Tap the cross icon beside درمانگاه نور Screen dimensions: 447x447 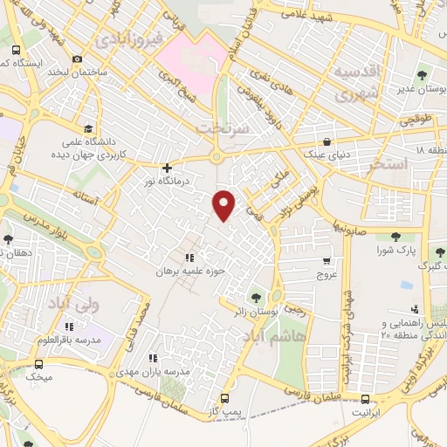166,168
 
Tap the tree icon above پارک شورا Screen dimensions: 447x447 395,235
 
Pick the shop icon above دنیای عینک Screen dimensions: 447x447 327,141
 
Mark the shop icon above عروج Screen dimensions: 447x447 327,260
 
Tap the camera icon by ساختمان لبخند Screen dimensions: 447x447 77,59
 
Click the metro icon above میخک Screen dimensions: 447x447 39,363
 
